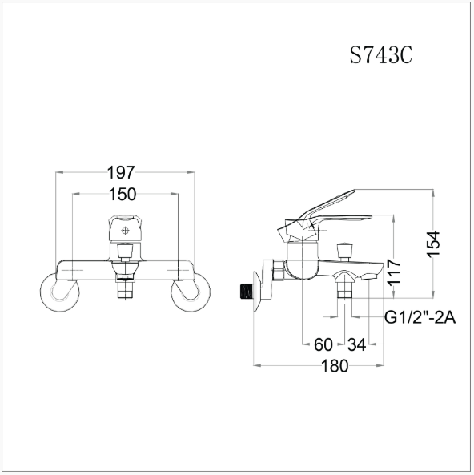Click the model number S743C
click(x=381, y=56)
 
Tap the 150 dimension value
click(x=123, y=195)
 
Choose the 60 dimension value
click(x=323, y=344)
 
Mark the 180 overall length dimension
click(x=334, y=366)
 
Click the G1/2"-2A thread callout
click(x=420, y=317)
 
